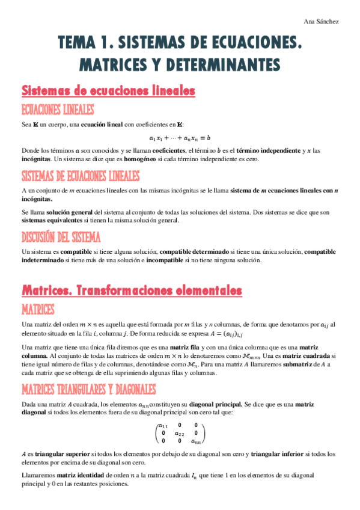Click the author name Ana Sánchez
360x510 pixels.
pos(322,22)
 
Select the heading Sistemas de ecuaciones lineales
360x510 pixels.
pos(109,91)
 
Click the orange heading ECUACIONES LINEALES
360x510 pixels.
pos(58,109)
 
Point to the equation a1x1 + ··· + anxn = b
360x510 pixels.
pos(180,138)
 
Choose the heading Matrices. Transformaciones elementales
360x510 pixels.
pos(132,291)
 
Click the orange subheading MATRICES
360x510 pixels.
pos(38,310)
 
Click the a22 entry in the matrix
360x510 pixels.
pos(179,433)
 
